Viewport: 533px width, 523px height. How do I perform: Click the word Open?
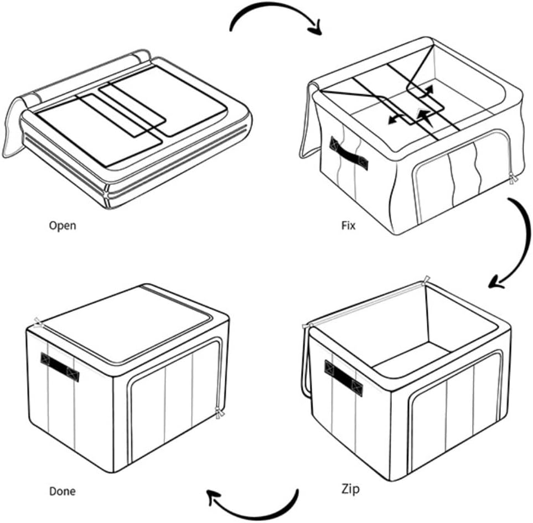pyautogui.click(x=63, y=225)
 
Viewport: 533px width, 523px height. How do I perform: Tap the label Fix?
pyautogui.click(x=348, y=226)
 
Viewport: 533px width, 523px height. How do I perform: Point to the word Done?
pyautogui.click(x=63, y=491)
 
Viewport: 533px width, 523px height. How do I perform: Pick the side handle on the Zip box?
pyautogui.click(x=344, y=379)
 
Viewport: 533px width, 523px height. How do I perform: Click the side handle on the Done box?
pyautogui.click(x=60, y=366)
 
